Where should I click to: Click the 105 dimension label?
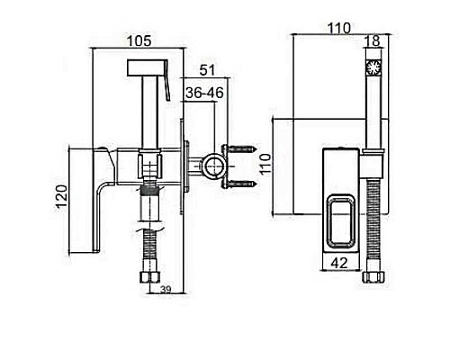[x=139, y=41]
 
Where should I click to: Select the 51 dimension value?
[x=207, y=70]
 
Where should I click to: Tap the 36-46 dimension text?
[x=204, y=93]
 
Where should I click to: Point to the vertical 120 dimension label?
[x=61, y=197]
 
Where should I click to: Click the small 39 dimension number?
[x=166, y=290]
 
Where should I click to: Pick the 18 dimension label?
[x=373, y=41]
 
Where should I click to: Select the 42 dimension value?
[x=339, y=263]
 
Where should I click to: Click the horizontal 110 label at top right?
[x=338, y=29]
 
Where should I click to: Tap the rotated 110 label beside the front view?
[x=265, y=165]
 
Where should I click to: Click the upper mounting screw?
[x=242, y=148]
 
